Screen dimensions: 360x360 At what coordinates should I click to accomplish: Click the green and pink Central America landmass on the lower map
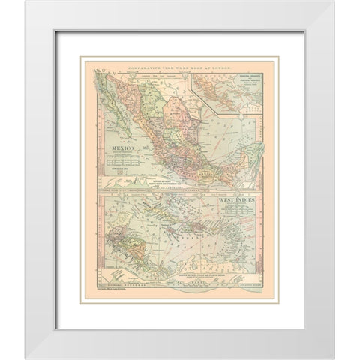[135, 247]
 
